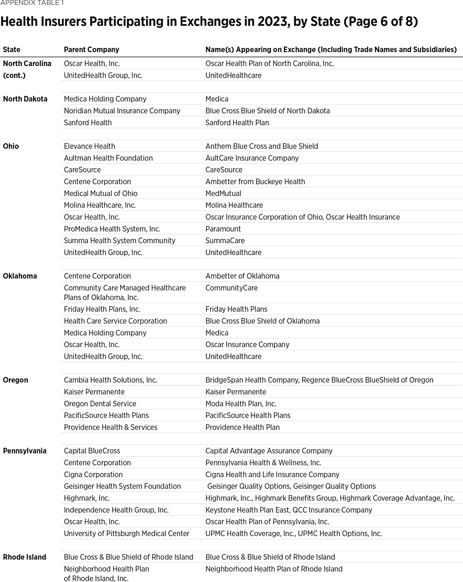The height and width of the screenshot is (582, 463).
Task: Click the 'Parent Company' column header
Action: [x=91, y=49]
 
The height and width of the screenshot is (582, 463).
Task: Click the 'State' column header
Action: [x=12, y=49]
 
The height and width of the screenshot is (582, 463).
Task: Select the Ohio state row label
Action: [x=11, y=146]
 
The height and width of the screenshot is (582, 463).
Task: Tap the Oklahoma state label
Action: [x=20, y=276]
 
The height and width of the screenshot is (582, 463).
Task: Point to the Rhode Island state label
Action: [x=24, y=557]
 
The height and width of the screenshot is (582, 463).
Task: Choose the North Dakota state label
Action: [x=25, y=99]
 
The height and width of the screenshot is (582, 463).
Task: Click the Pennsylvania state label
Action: [x=25, y=451]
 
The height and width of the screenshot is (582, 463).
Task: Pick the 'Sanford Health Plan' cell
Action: [x=237, y=123]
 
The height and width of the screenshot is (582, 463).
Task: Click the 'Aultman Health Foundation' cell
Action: [x=108, y=158]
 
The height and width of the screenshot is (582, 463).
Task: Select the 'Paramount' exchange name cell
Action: [x=223, y=229]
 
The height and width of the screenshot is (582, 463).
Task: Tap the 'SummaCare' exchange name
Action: [x=225, y=241]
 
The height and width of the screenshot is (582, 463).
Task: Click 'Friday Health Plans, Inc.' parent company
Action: [x=102, y=309]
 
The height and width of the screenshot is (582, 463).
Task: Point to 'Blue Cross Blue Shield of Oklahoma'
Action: [x=262, y=321]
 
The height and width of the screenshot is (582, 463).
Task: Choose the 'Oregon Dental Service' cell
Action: [x=100, y=404]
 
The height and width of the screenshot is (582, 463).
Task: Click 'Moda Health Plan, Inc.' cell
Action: [x=240, y=404]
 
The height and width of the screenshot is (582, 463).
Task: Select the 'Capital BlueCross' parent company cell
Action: [x=92, y=451]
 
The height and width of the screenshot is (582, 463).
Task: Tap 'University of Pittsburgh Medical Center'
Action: [x=126, y=533]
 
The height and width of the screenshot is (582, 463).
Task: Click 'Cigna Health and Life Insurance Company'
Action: [x=272, y=475]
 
